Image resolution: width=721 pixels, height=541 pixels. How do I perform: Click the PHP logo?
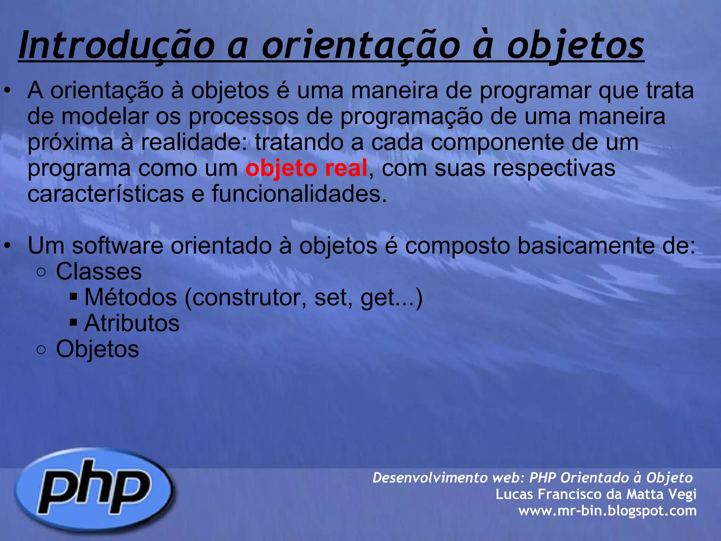point(94,489)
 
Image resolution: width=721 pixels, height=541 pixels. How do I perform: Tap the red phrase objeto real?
point(306,168)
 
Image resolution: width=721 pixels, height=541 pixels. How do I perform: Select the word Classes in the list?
point(99,272)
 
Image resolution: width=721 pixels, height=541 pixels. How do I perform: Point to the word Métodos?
point(131,298)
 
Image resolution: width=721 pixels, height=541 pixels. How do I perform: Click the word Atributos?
point(132,323)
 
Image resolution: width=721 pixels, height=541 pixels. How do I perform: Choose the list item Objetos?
point(98,349)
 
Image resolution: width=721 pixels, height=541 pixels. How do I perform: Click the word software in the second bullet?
point(118,245)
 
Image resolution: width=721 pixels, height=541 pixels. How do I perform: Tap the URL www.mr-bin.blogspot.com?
point(607,510)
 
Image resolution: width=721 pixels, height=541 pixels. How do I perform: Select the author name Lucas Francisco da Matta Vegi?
point(596,494)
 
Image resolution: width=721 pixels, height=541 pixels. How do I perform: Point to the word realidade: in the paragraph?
point(194,142)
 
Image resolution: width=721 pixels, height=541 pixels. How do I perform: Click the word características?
point(106,194)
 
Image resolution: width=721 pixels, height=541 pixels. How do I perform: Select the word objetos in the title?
point(575,46)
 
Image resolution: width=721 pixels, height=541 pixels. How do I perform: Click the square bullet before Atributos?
point(73,322)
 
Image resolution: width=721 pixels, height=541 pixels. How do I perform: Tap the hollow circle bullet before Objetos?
point(41,350)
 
